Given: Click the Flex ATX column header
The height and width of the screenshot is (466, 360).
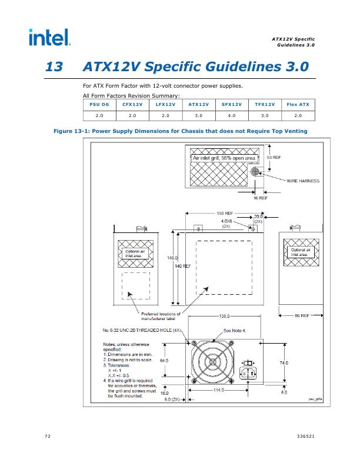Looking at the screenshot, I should point(298,104).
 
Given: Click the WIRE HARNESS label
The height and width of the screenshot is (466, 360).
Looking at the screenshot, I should point(303,181).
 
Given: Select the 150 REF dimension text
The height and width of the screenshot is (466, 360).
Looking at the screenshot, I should point(225,213).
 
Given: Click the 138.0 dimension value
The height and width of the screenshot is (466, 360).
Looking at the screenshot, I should point(226,317).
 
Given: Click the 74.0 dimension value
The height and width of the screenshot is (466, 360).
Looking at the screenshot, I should point(284,363).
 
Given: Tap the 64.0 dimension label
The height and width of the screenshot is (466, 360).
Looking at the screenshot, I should point(164,360).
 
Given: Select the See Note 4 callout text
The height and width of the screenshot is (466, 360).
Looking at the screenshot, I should point(235,331).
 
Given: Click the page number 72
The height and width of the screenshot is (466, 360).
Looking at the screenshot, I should point(47,436).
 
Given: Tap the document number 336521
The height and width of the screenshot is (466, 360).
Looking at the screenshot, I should point(306,436).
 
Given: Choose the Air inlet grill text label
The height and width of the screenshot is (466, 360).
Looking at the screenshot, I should point(225,158).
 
